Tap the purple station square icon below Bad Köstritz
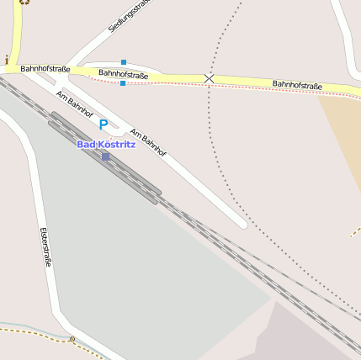(105, 156)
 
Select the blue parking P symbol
(104, 124)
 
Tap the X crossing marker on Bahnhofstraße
(209, 78)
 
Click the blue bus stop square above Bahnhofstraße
(124, 62)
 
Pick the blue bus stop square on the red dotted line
(123, 83)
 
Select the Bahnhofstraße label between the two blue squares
(123, 74)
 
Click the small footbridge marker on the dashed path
(72, 339)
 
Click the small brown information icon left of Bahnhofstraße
(7, 60)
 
